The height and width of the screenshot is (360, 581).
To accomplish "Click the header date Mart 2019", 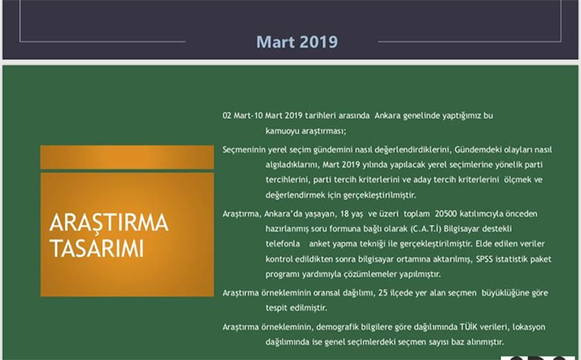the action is point(298,42).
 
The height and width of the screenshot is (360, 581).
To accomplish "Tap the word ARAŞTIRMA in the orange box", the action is point(109,223).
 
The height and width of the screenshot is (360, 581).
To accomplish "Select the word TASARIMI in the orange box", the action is point(96,248).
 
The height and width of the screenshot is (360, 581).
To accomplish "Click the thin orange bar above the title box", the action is point(127,157).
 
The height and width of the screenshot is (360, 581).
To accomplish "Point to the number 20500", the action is point(445,214).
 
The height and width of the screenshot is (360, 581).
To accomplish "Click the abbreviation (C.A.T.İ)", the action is point(425,229).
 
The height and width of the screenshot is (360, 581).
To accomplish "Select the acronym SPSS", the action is point(484,259).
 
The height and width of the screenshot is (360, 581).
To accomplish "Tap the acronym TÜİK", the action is point(468,327).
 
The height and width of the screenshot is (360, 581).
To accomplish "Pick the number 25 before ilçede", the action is point(383,293).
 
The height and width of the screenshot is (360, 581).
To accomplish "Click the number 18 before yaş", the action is point(344,214).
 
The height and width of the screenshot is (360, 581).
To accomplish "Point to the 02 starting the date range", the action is point(227,115).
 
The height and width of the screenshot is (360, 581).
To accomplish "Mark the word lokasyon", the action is point(529,327).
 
